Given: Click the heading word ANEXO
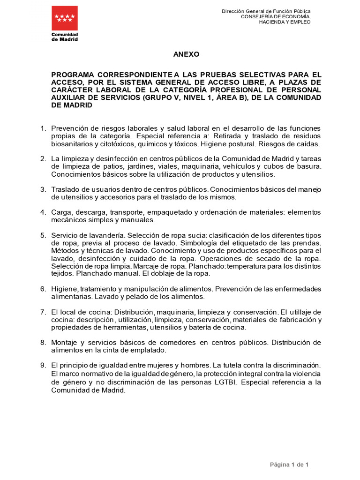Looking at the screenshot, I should pos(186,54).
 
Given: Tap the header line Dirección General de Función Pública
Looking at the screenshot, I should pos(266,11).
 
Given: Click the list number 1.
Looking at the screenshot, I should pos(43,128).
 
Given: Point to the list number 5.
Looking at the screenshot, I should pos(43,235).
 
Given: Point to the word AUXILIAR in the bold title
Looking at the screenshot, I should pos(68,97).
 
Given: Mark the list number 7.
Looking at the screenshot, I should pos(43,312).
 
